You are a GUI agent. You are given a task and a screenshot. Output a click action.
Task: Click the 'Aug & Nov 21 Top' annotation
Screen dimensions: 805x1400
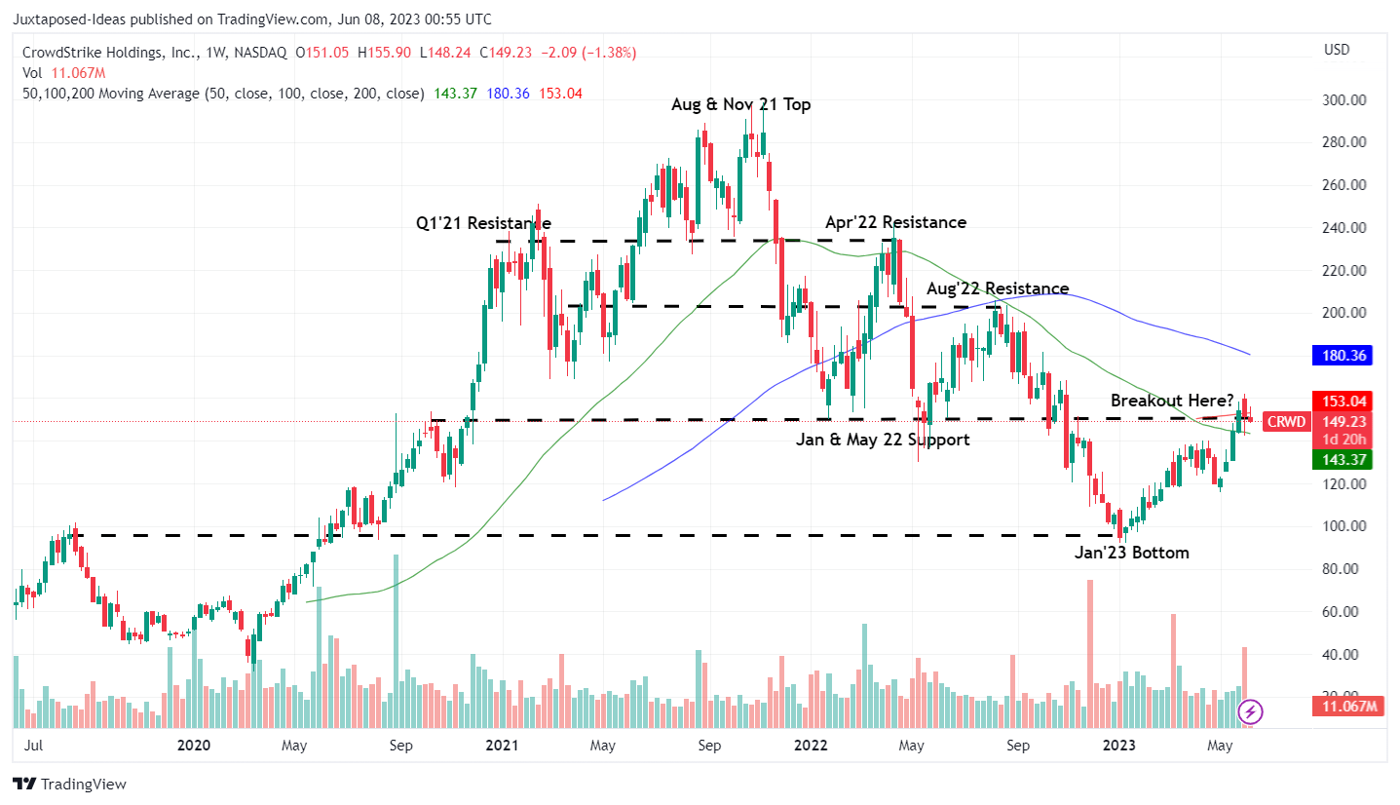tap(740, 104)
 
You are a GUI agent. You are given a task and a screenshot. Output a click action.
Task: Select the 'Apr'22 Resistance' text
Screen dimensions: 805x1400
tap(895, 222)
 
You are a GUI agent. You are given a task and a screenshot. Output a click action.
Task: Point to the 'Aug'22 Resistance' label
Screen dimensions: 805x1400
tap(997, 288)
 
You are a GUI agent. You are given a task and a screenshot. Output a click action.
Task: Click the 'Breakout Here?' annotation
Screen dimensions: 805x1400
tap(1172, 401)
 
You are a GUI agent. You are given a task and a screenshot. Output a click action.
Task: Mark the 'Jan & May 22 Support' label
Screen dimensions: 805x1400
tap(883, 440)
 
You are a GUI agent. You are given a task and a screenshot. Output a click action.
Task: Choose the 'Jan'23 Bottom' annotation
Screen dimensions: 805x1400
tap(1132, 553)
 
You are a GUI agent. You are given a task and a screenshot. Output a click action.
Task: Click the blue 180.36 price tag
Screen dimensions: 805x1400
tap(1342, 356)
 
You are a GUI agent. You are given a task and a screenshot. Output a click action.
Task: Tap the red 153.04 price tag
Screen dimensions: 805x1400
tap(1342, 401)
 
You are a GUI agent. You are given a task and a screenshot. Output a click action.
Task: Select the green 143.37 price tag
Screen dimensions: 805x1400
tap(1342, 459)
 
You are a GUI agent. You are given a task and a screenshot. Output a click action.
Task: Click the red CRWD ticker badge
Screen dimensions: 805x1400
tap(1285, 422)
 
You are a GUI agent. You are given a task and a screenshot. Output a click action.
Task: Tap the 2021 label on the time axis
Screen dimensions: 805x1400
tap(501, 746)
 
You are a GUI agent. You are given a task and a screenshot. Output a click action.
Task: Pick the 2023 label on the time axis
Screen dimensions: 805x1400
tap(1116, 746)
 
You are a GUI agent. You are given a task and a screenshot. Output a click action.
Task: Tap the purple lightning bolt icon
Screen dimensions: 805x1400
tap(1251, 711)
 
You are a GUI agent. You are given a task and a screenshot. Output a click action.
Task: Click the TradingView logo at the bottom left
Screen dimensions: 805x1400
tap(70, 784)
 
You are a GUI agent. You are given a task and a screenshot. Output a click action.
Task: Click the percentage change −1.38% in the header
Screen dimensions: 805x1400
tap(610, 52)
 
